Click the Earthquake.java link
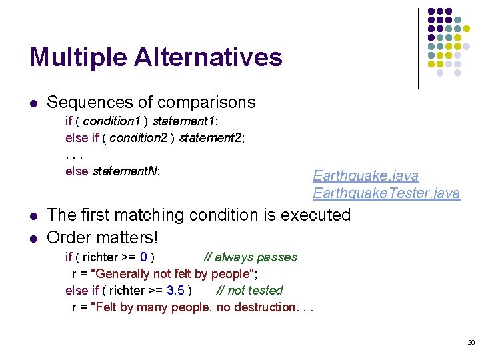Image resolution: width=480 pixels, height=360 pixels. (366, 176)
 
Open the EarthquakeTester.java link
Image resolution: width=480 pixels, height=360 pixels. (386, 193)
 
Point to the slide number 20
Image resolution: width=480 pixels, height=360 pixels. (471, 342)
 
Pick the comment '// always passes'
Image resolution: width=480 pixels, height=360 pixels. (251, 257)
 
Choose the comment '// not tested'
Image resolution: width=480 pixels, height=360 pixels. (249, 291)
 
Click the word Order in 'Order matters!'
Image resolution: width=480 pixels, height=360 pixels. (69, 237)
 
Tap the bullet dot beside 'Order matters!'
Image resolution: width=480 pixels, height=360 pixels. (33, 238)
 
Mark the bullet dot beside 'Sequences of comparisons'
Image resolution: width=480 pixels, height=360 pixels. (33, 103)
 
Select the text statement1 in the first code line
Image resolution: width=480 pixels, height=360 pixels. (183, 121)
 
